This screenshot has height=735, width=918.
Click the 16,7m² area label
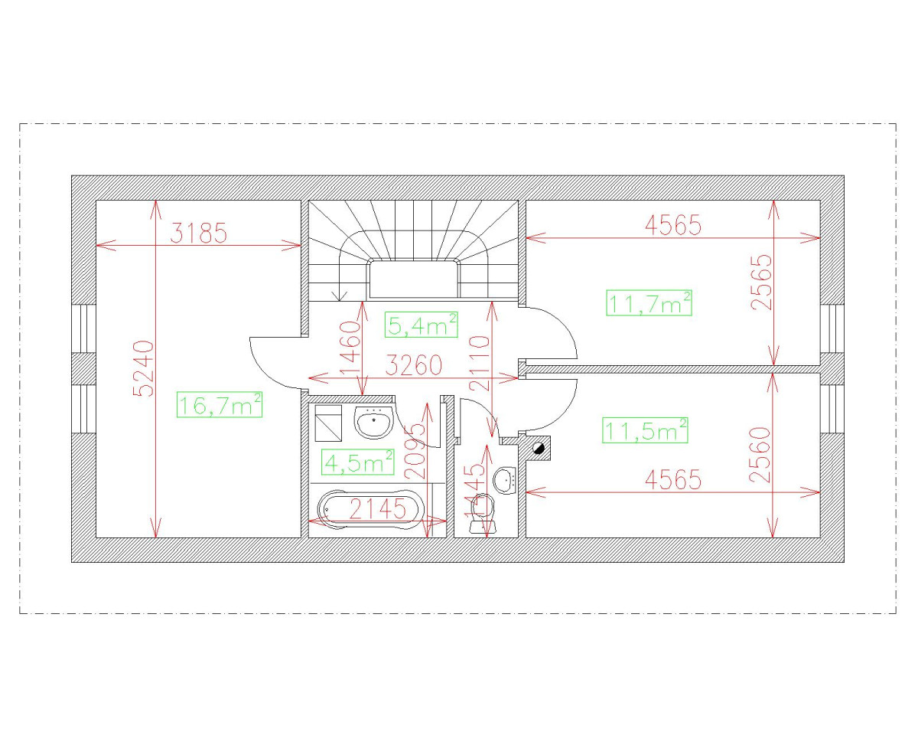220,404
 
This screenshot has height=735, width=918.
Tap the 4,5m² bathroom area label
359,462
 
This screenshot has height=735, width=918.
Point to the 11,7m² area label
649,303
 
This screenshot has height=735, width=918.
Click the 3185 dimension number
198,233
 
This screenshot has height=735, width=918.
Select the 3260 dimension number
413,366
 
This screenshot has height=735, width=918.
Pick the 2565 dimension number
762,282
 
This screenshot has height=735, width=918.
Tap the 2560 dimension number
760,455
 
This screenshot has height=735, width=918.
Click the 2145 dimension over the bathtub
378,509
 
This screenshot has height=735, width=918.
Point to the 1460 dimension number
350,346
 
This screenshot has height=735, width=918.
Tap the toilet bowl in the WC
480,509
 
